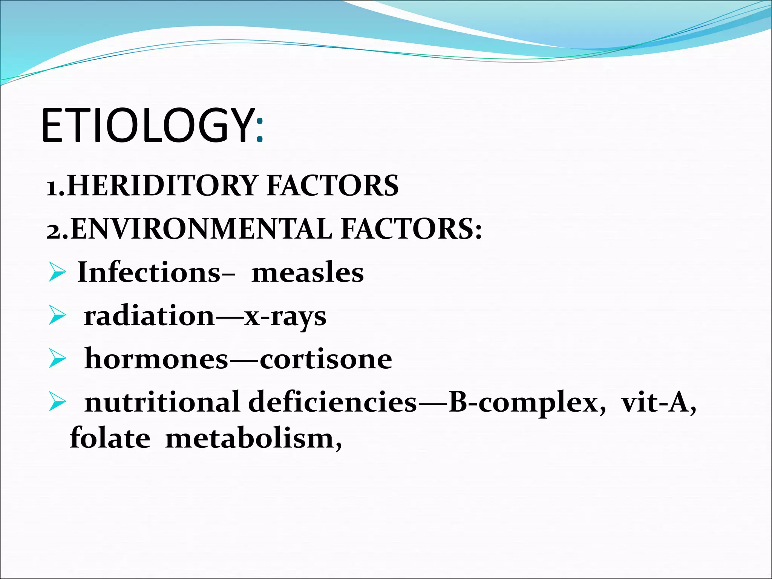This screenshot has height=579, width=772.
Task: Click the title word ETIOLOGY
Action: (x=147, y=126)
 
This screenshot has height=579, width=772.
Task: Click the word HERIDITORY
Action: (x=162, y=186)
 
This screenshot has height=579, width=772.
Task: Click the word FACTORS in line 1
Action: (x=332, y=186)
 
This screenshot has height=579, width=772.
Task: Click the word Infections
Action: (x=149, y=272)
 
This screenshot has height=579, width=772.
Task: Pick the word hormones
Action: (x=156, y=359)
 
